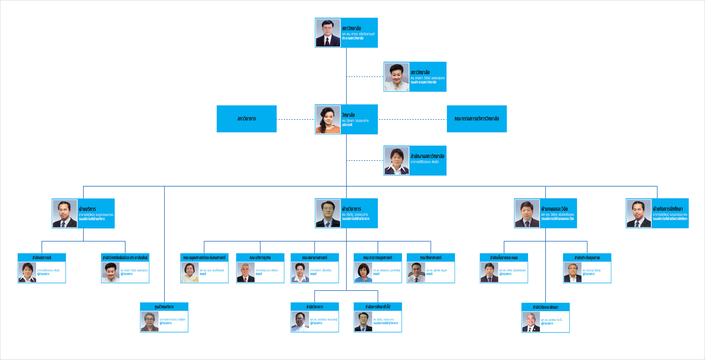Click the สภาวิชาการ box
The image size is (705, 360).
pyautogui.click(x=246, y=119)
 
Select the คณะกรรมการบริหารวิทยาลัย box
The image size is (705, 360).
pyautogui.click(x=476, y=119)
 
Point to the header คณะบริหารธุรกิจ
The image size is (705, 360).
pyautogui.click(x=260, y=258)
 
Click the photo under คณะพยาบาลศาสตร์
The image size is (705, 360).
pyautogui.click(x=300, y=272)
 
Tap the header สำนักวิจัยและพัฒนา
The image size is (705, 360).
pyautogui.click(x=545, y=307)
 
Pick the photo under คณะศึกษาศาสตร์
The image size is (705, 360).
pyautogui.click(x=416, y=272)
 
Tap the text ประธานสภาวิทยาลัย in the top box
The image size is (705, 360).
pyautogui.click(x=352, y=38)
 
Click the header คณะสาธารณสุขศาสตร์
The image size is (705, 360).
pyautogui.click(x=378, y=258)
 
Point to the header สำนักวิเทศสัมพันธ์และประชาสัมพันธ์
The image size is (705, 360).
pyautogui.click(x=125, y=258)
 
